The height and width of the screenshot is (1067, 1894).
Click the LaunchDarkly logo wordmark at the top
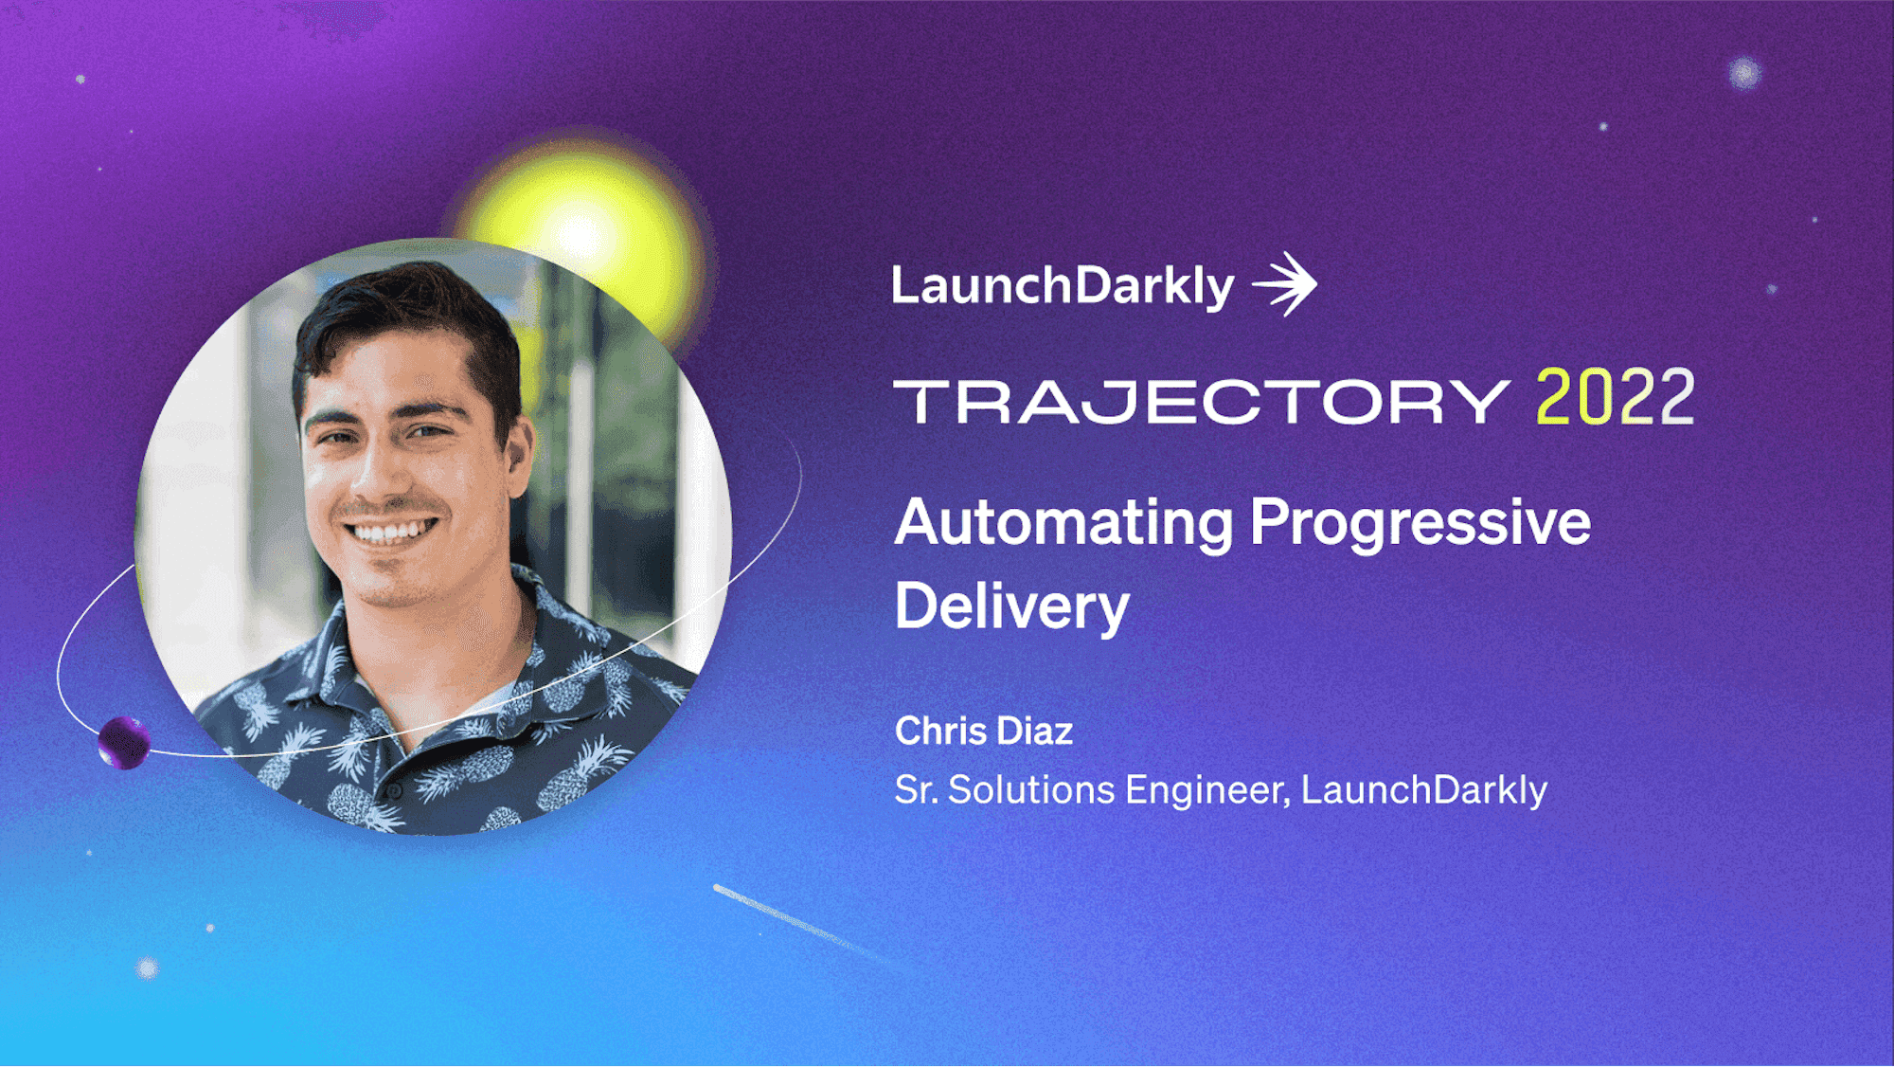pos(1063,286)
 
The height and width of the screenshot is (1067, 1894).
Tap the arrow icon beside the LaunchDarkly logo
pos(1285,283)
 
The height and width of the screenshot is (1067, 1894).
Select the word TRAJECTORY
pos(1202,402)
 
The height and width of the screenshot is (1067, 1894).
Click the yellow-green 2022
pos(1616,398)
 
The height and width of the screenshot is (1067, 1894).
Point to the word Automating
pos(1064,524)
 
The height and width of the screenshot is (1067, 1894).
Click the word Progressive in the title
pos(1420,524)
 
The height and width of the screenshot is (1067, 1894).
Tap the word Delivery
pos(1012,607)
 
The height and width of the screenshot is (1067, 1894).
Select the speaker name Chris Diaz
pos(984,731)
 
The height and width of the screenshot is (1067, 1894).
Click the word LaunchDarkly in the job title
pos(1424,790)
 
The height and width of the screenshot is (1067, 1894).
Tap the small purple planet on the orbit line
pos(124,743)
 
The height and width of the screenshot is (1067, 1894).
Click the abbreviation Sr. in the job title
pos(917,790)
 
